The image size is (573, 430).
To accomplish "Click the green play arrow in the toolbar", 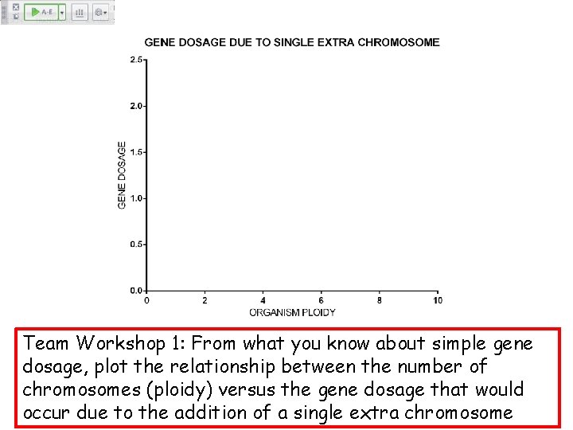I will tap(35, 13).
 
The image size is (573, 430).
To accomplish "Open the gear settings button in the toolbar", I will tap(99, 13).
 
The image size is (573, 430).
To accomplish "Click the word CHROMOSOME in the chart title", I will tap(399, 42).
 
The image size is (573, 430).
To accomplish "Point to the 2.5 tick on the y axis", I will tap(137, 60).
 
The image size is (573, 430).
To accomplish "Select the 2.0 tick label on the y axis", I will tap(137, 106).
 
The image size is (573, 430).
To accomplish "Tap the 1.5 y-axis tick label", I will tap(137, 152).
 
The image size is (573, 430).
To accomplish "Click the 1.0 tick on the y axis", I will tap(137, 198).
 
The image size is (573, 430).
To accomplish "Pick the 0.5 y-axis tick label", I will tap(137, 244).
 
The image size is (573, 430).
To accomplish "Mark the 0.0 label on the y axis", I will tap(137, 291).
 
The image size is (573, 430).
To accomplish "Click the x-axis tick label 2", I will tap(205, 300).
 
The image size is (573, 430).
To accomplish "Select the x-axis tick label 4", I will tap(263, 300).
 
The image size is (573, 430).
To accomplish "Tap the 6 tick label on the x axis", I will tap(322, 300).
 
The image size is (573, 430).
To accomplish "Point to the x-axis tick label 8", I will tap(380, 300).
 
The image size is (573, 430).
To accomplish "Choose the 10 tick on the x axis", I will tap(438, 300).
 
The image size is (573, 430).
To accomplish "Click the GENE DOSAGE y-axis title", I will tap(122, 175).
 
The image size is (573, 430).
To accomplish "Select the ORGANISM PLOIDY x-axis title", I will tap(292, 312).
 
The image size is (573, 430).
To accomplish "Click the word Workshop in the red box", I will tap(120, 344).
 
